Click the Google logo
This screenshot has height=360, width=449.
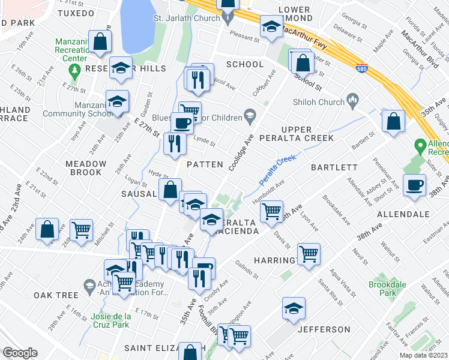pyautogui.click(x=20, y=352)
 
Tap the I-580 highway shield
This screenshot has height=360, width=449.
pyautogui.click(x=361, y=68)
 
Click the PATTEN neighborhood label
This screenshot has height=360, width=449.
pyautogui.click(x=205, y=164)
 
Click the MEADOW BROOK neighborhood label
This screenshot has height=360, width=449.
pyautogui.click(x=86, y=168)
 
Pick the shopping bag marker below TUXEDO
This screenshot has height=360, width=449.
pyautogui.click(x=101, y=41)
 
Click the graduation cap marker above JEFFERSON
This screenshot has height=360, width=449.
pyautogui.click(x=294, y=309)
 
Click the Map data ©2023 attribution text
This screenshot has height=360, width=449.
pyautogui.click(x=423, y=355)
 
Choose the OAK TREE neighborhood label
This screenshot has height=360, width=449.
pyautogui.click(x=56, y=295)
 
